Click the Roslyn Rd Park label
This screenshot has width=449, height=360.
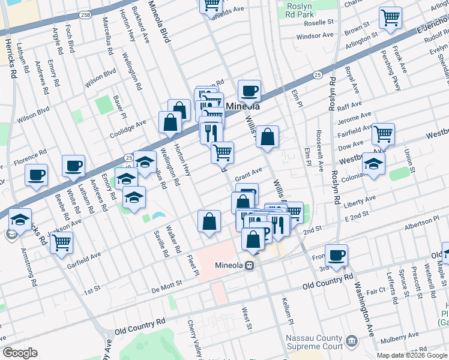point(309,9)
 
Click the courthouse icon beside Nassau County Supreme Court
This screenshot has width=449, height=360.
point(352,341)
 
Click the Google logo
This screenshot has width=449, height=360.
point(20,353)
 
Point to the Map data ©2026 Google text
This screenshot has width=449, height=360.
point(412,355)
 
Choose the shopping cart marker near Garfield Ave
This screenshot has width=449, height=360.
point(61,242)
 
